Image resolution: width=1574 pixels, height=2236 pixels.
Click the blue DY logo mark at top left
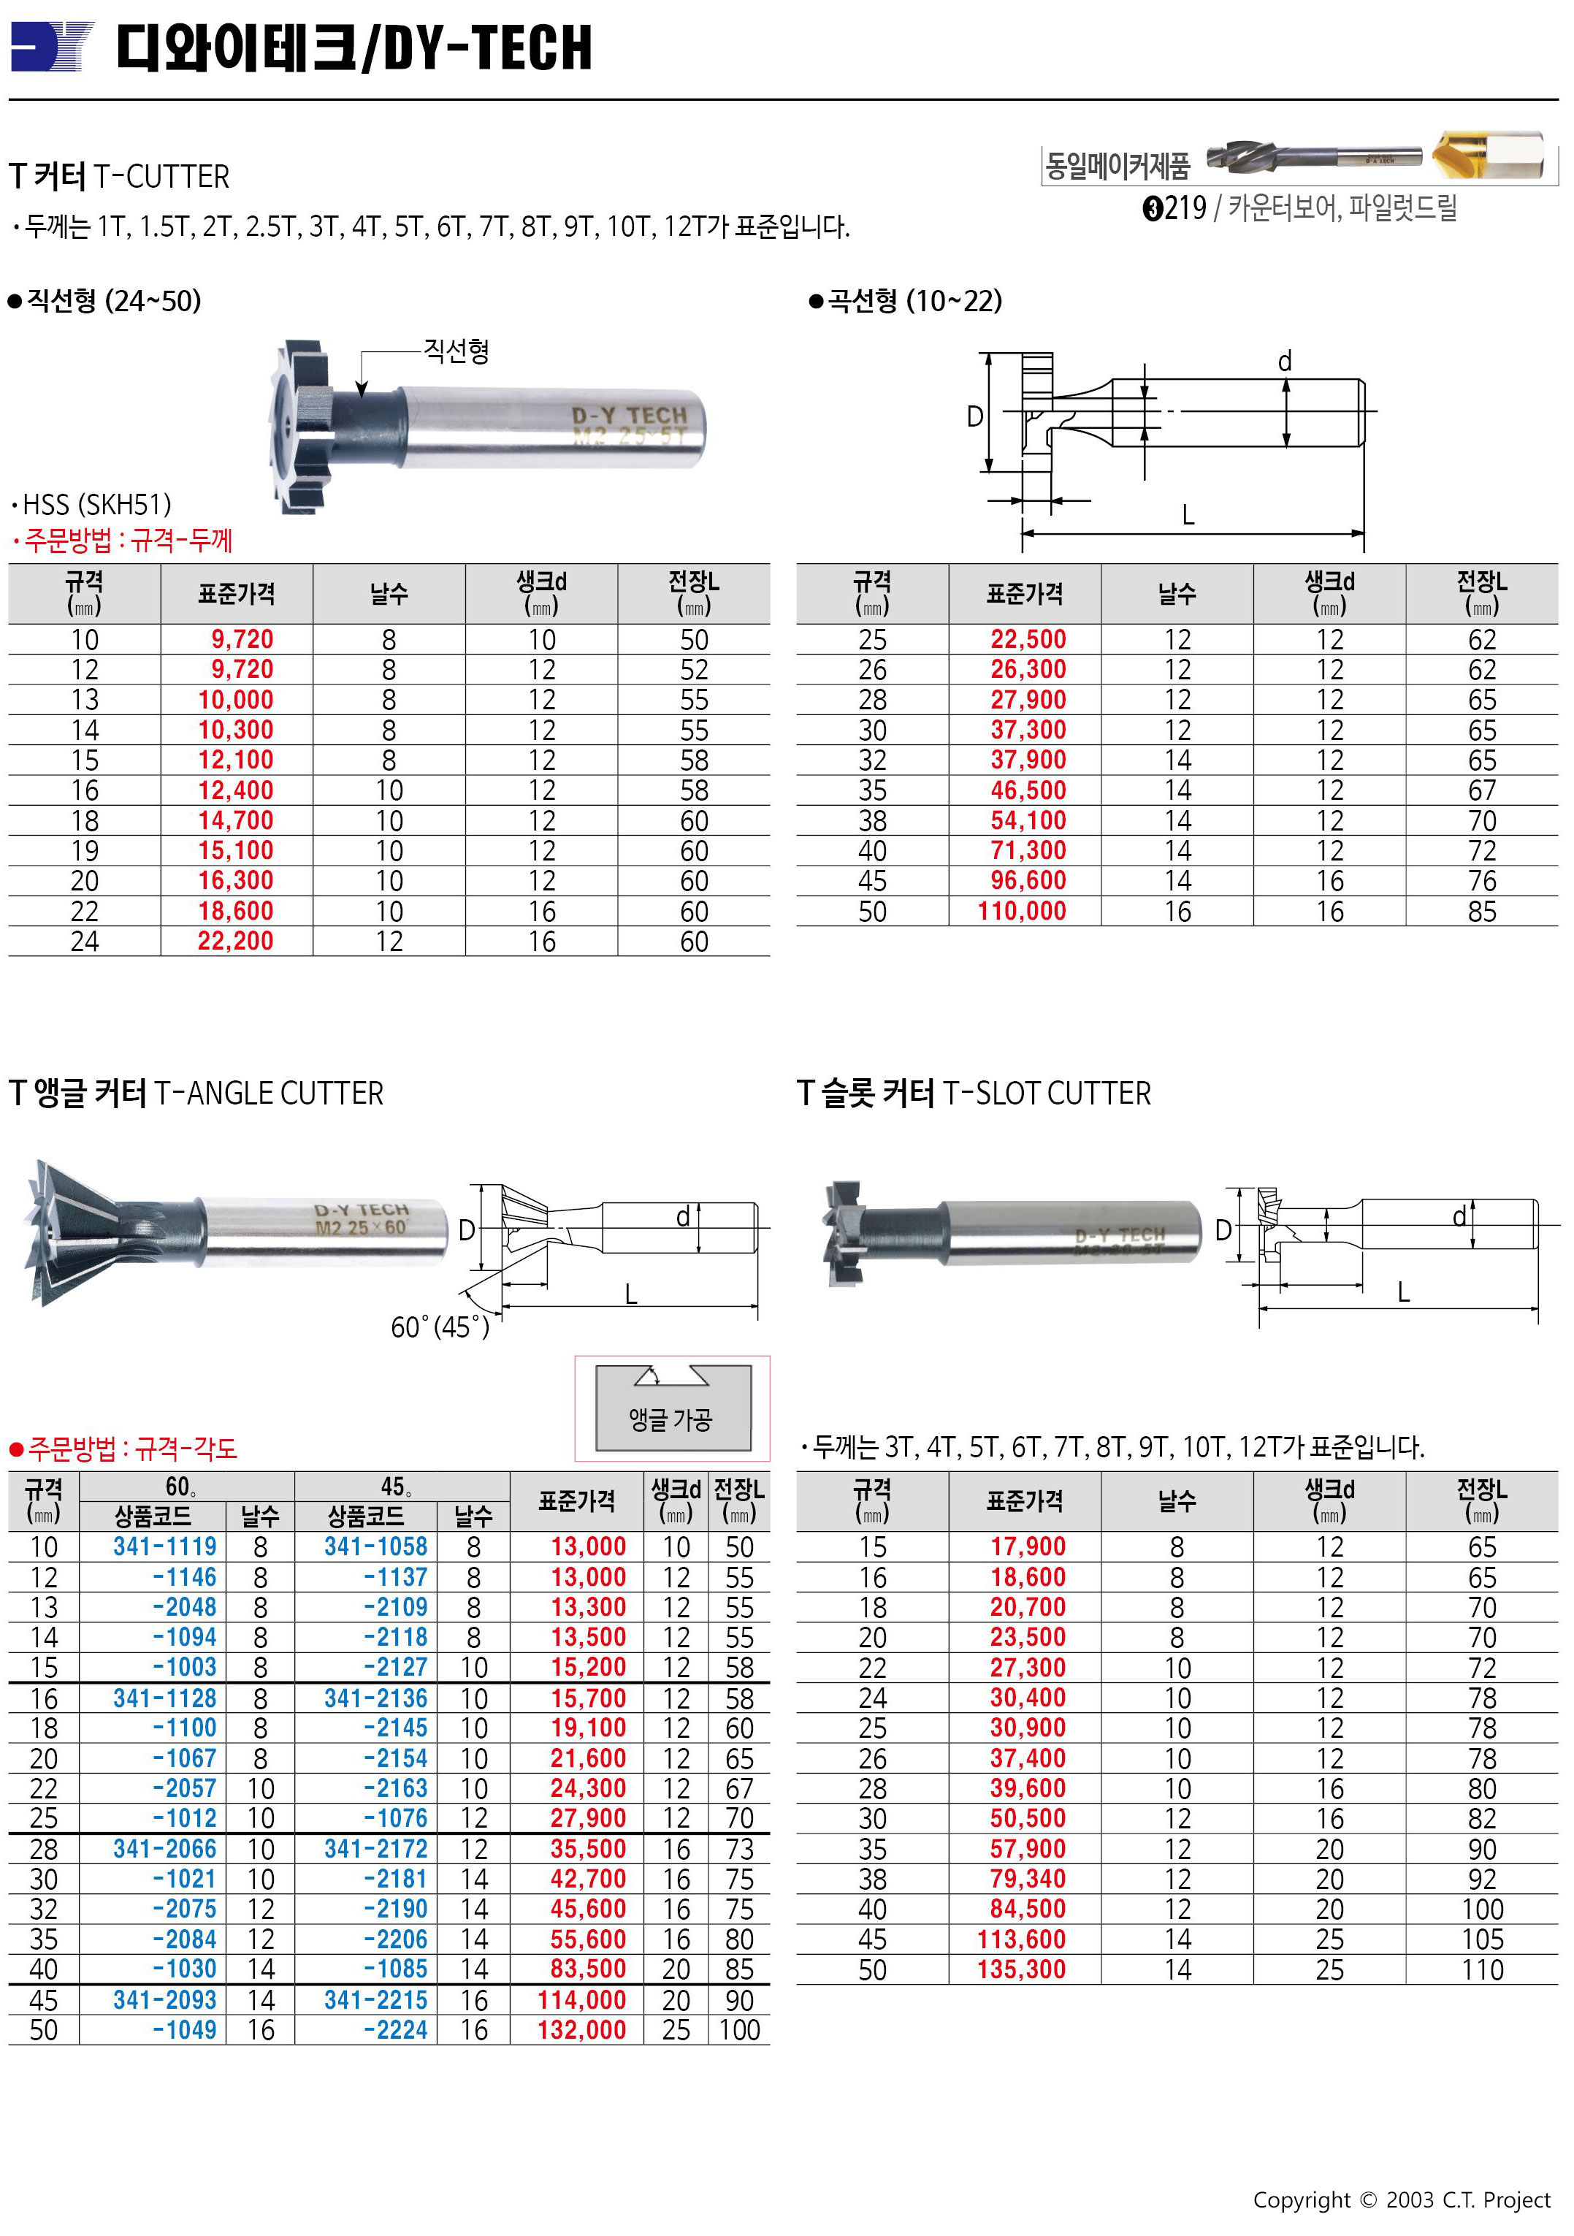(52, 47)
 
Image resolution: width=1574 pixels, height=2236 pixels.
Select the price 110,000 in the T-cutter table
(1022, 912)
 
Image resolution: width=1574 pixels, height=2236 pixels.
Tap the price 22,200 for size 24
(236, 942)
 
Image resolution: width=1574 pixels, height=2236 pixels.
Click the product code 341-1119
(164, 1546)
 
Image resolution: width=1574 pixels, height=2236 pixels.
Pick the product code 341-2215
(376, 1999)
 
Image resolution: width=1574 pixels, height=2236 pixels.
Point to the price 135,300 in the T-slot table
(1022, 1969)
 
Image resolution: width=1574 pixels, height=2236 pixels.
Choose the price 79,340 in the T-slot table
(1028, 1879)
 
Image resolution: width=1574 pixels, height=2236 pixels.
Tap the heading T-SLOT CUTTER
(1047, 1093)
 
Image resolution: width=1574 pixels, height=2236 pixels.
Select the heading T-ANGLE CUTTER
(269, 1093)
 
